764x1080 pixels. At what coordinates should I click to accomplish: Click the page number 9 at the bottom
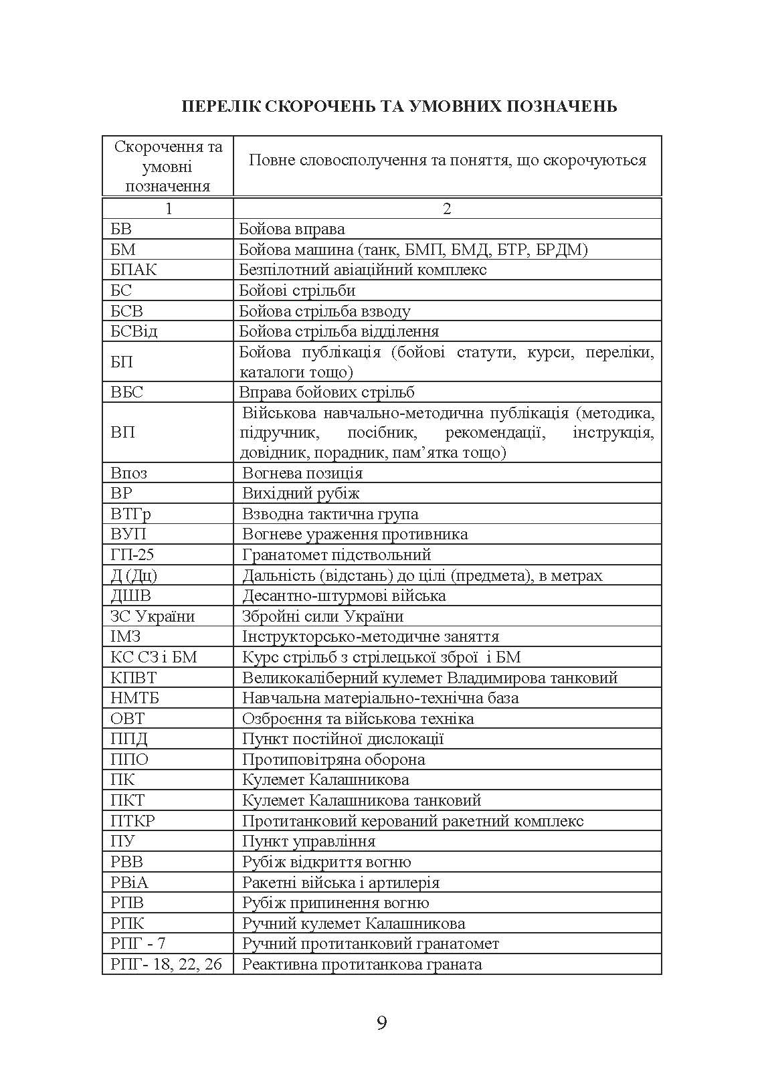[381, 1023]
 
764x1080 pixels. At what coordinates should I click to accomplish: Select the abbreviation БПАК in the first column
[134, 270]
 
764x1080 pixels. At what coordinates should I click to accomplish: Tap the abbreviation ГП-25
[132, 555]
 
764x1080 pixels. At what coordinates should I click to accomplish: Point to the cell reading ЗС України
[153, 616]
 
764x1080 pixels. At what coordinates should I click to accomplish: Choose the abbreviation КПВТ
[133, 678]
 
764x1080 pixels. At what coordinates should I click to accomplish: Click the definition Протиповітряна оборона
[333, 759]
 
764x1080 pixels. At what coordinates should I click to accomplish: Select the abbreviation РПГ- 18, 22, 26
[166, 964]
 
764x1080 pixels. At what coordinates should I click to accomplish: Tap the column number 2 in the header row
[447, 209]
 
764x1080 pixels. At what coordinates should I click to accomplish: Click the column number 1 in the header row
[168, 209]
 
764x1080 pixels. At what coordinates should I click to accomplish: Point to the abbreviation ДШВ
[130, 596]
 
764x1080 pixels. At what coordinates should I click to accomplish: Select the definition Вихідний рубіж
[300, 493]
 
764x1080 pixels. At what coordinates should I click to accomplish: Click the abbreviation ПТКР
[132, 821]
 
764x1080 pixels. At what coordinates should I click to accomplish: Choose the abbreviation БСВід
[134, 331]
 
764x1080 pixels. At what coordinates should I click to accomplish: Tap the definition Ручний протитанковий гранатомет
[370, 943]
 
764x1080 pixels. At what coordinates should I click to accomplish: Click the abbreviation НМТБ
[134, 698]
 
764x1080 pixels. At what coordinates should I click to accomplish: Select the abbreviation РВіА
[129, 883]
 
